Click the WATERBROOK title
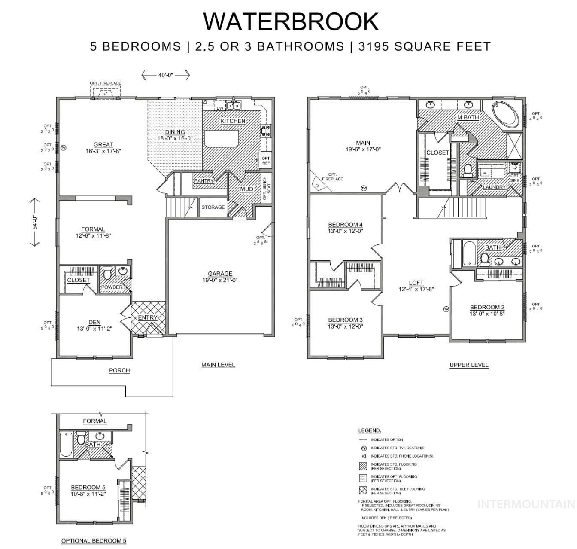click(291, 21)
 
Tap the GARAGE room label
click(220, 274)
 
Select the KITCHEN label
click(233, 121)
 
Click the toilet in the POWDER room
click(107, 272)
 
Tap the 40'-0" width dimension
click(165, 75)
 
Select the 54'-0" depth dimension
click(35, 223)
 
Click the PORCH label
click(119, 370)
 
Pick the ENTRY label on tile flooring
click(148, 317)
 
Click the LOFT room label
click(416, 283)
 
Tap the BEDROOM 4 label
click(345, 225)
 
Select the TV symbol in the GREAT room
click(64, 148)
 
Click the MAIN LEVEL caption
click(218, 365)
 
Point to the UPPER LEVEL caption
click(469, 365)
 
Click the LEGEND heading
click(370, 430)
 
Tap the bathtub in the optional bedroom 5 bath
click(66, 444)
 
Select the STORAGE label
click(213, 207)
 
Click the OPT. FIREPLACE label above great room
click(105, 83)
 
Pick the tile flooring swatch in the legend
click(362, 491)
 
